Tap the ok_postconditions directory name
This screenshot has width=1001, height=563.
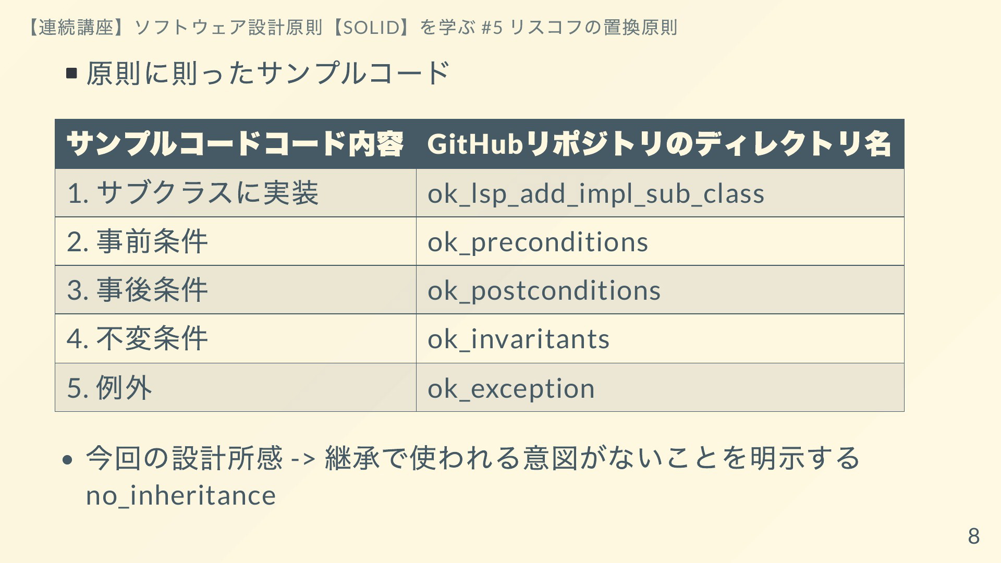pyautogui.click(x=544, y=290)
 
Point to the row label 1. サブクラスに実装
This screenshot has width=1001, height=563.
pyautogui.click(x=192, y=193)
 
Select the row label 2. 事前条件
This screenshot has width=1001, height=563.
pyautogui.click(x=138, y=241)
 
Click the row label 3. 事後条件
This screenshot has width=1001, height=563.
pyautogui.click(x=138, y=290)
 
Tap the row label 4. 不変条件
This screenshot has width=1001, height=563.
pyautogui.click(x=138, y=338)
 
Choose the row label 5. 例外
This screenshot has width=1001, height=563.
pyautogui.click(x=109, y=387)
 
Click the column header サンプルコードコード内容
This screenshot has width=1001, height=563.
pyautogui.click(x=235, y=144)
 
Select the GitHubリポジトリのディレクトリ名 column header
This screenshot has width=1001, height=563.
pyautogui.click(x=659, y=144)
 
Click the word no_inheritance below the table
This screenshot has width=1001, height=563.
pyautogui.click(x=181, y=495)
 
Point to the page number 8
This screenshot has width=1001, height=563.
pyautogui.click(x=974, y=536)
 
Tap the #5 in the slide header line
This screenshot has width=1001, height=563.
pyautogui.click(x=492, y=27)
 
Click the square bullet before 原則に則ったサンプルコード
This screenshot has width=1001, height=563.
pyautogui.click(x=72, y=73)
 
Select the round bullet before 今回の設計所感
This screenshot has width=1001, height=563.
pyautogui.click(x=67, y=459)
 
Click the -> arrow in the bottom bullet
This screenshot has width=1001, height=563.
pyautogui.click(x=303, y=459)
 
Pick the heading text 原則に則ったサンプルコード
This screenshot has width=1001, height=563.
pyautogui.click(x=268, y=73)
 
